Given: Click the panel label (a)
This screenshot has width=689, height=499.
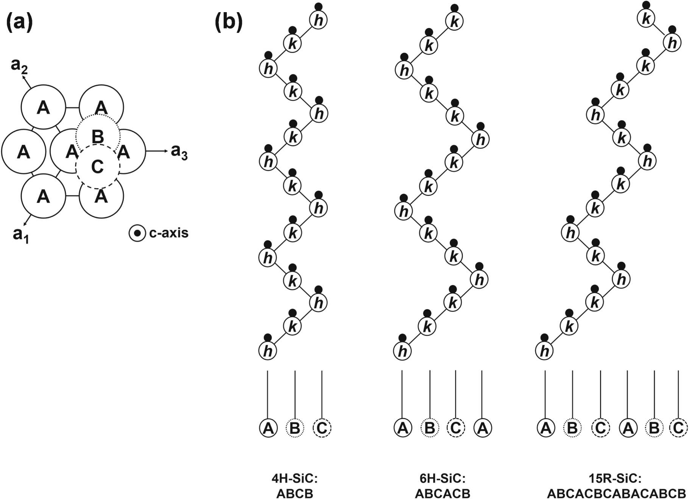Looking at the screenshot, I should pyautogui.click(x=19, y=23).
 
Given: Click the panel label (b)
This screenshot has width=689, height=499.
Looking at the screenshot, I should pyautogui.click(x=228, y=23).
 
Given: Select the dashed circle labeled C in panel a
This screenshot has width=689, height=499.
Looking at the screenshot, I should pyautogui.click(x=98, y=167).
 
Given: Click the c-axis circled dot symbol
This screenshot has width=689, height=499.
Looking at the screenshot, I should pyautogui.click(x=137, y=234).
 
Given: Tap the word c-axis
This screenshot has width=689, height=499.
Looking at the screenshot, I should pyautogui.click(x=169, y=233).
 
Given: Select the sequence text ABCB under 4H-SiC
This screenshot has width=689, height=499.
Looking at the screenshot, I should pyautogui.click(x=295, y=494).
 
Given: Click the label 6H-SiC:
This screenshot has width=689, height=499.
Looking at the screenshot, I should pyautogui.click(x=443, y=479).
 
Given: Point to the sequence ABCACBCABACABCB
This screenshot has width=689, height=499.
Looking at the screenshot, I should pyautogui.click(x=617, y=494).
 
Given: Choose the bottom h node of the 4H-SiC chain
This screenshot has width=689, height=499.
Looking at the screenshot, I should pyautogui.click(x=268, y=351).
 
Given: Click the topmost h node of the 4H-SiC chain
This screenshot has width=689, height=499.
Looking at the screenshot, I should pyautogui.click(x=319, y=20).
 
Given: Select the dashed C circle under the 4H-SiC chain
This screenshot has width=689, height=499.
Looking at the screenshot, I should pyautogui.click(x=322, y=428).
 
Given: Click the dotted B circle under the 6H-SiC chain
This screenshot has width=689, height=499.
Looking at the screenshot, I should pyautogui.click(x=430, y=428).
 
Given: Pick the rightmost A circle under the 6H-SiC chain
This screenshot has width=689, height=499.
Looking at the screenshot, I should pyautogui.click(x=482, y=428).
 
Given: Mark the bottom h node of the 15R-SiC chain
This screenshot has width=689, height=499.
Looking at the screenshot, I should pyautogui.click(x=544, y=351).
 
